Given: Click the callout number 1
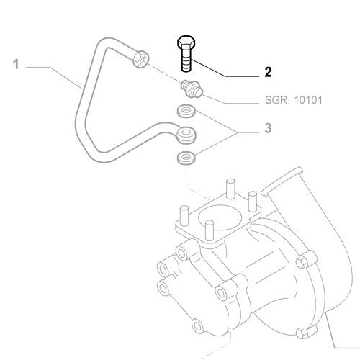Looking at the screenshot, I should [x=15, y=66].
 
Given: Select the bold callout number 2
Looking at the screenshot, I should [x=268, y=72].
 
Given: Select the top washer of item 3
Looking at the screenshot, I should [x=185, y=111].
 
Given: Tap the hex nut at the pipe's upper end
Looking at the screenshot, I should [x=140, y=58].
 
